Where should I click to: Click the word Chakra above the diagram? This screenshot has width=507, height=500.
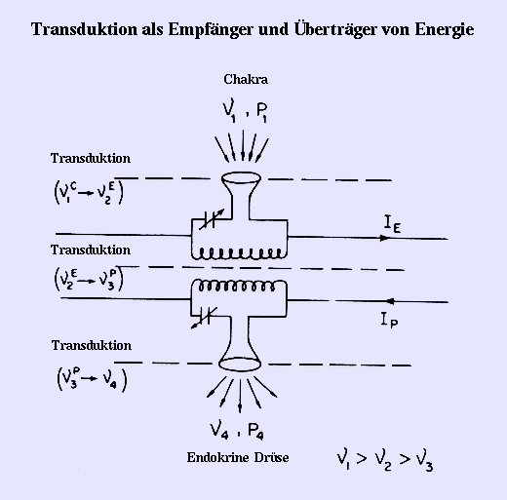click(246, 80)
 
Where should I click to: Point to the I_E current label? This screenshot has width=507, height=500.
click(392, 224)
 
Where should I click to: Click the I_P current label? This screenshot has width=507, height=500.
click(389, 320)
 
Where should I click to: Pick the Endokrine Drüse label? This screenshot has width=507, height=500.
click(238, 457)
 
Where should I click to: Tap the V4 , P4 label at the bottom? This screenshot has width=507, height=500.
click(237, 430)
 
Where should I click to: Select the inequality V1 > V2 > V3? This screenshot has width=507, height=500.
click(385, 460)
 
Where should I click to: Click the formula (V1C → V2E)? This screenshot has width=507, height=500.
click(89, 193)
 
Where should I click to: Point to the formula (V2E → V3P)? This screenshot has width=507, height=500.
click(89, 279)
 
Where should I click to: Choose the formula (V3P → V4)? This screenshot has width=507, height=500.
click(92, 379)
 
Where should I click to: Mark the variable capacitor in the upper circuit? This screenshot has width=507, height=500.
click(212, 219)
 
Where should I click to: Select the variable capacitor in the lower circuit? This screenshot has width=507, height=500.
click(205, 318)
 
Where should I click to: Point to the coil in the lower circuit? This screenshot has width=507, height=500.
click(236, 286)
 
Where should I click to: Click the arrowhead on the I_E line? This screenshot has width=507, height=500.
click(384, 238)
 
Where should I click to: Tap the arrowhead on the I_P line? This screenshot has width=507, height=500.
click(390, 301)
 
